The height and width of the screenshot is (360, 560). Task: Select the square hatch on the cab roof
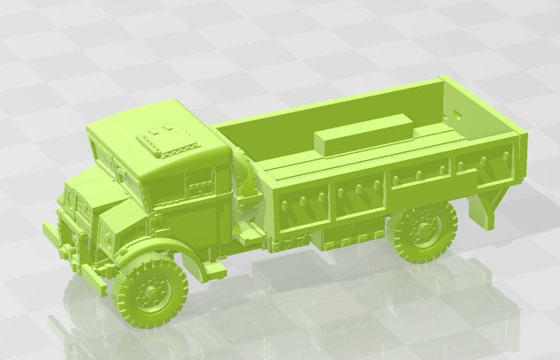click(x=163, y=141)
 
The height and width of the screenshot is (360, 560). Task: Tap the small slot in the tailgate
click(x=456, y=114)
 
